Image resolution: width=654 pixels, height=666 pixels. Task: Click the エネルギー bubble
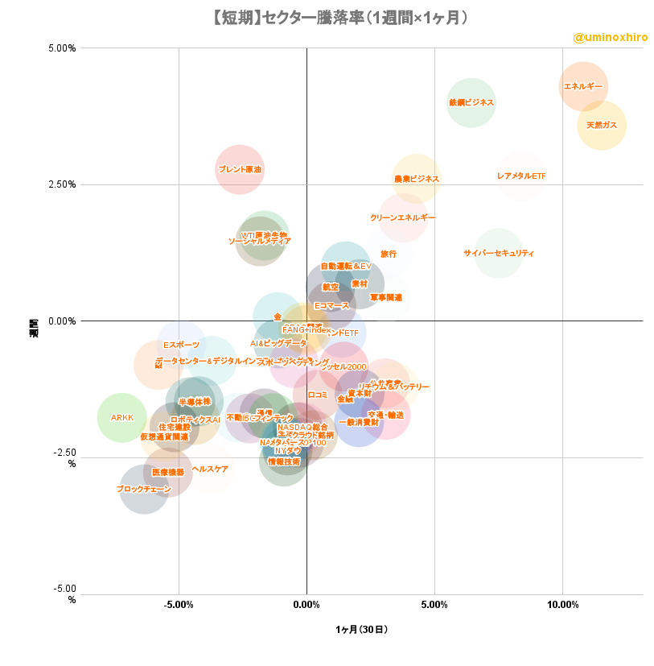pyautogui.click(x=583, y=86)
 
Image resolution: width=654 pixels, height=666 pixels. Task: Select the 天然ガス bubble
pyautogui.click(x=602, y=125)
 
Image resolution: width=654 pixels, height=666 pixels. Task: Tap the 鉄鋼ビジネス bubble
pyautogui.click(x=471, y=102)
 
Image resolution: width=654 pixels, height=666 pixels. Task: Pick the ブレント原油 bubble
pyautogui.click(x=240, y=169)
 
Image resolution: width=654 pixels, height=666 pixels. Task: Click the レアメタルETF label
pyautogui.click(x=521, y=176)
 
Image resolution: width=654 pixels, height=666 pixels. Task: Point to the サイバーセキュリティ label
pyautogui.click(x=499, y=253)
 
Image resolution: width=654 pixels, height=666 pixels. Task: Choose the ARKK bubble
pyautogui.click(x=122, y=417)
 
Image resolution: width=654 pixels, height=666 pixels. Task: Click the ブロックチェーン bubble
pyautogui.click(x=144, y=489)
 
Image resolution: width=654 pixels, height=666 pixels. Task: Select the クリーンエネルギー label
pyautogui.click(x=403, y=217)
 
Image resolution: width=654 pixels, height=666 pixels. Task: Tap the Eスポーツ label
pyautogui.click(x=181, y=345)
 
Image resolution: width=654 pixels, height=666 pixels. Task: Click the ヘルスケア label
pyautogui.click(x=210, y=469)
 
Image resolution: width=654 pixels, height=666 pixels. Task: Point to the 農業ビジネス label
pyautogui.click(x=417, y=179)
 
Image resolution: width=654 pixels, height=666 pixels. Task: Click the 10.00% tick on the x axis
pyautogui.click(x=562, y=604)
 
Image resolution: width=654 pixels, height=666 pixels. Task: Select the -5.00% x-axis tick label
pyautogui.click(x=179, y=604)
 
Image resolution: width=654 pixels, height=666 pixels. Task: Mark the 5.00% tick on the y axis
pyautogui.click(x=62, y=48)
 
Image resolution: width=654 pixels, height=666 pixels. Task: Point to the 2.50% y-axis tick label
pyautogui.click(x=62, y=184)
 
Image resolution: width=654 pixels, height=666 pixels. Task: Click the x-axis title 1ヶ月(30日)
pyautogui.click(x=361, y=629)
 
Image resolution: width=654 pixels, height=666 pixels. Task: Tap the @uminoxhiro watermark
pyautogui.click(x=610, y=37)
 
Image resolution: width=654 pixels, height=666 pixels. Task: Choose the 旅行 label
pyautogui.click(x=389, y=254)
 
